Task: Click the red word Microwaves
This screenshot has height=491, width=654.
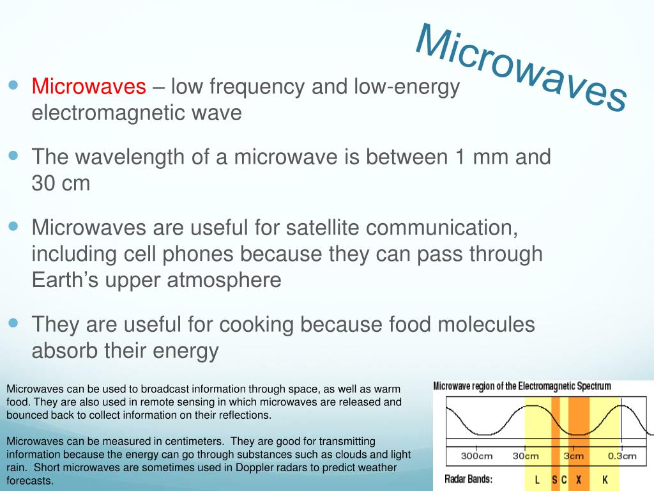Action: (x=89, y=86)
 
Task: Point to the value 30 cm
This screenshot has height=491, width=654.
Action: (x=61, y=183)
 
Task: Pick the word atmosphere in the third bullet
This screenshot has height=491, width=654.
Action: (x=224, y=280)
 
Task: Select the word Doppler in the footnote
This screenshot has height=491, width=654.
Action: (x=254, y=467)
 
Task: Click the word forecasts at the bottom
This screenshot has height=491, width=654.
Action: (x=29, y=481)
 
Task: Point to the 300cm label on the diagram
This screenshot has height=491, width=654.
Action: (x=476, y=456)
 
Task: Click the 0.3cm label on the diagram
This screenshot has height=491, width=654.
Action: (x=622, y=456)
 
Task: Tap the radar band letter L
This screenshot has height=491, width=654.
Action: (x=536, y=479)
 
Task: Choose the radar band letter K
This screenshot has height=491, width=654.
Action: (x=605, y=479)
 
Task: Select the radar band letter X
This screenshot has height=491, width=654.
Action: (x=579, y=479)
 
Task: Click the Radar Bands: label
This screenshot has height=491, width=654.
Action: (x=468, y=479)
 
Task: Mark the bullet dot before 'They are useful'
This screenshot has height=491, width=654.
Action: (x=14, y=323)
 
